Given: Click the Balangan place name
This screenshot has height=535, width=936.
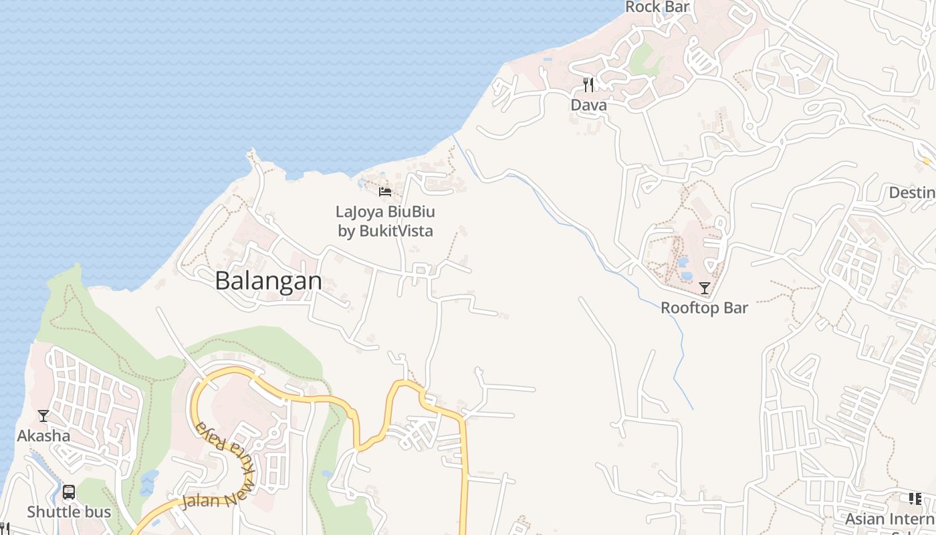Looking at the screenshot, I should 268,281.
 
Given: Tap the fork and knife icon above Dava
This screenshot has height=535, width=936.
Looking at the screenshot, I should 588,85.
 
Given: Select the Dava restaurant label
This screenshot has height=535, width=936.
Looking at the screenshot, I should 588,105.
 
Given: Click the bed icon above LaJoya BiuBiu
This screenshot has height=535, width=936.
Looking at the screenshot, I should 385,192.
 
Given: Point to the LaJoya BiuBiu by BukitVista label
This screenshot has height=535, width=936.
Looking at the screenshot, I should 385,221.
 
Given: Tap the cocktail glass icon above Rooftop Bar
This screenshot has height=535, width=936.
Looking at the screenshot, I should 704,288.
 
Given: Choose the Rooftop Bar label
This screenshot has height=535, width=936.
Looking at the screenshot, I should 704,308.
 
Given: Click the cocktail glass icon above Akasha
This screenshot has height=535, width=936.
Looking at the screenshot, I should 43,416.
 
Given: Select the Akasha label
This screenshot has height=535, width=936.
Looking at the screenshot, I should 43,436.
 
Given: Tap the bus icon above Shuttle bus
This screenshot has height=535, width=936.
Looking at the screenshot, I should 68,493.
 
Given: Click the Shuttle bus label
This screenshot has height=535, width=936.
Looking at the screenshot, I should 68,512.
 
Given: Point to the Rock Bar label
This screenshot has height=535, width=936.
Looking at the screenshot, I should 657,7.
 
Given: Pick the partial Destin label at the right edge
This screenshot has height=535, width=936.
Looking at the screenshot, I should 912,193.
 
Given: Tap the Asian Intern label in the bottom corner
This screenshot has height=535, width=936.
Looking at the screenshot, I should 889,519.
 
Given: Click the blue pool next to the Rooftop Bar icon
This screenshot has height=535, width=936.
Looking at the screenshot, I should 685,274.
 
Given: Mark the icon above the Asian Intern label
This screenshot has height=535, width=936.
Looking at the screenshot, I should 915,499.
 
